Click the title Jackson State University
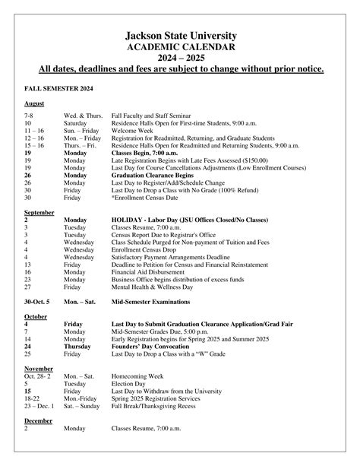(x=180, y=35)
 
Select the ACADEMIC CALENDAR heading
(x=180, y=46)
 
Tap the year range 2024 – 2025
(x=180, y=58)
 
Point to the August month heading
(x=33, y=103)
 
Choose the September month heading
(x=38, y=212)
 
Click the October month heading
(x=35, y=315)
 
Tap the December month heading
(x=38, y=420)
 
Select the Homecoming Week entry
(x=139, y=376)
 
